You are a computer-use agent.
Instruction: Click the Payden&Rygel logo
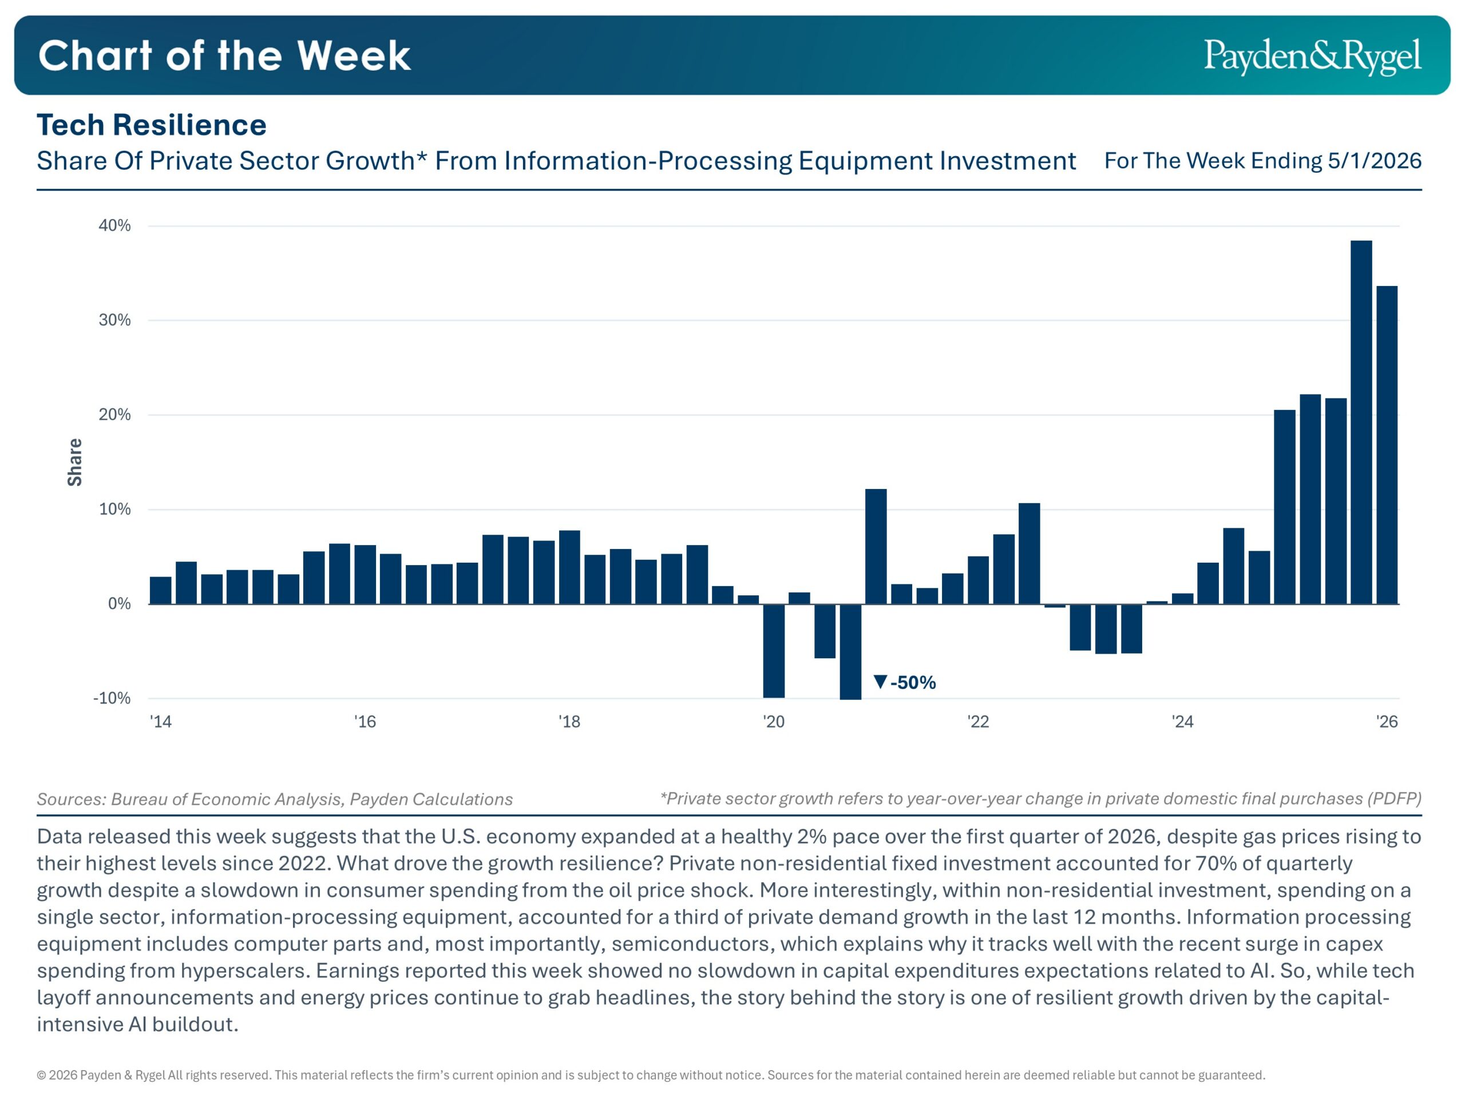click(x=1312, y=56)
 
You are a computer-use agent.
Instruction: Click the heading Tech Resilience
click(x=152, y=125)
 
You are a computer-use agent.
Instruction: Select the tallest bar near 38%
click(x=1361, y=422)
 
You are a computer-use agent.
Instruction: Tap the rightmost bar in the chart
click(x=1387, y=445)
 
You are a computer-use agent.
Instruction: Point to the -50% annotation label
click(x=913, y=682)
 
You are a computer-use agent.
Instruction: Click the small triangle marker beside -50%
click(x=880, y=682)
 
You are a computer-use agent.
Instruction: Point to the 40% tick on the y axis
click(x=114, y=226)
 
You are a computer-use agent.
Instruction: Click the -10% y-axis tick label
click(x=112, y=698)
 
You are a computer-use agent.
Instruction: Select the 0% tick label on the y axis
click(x=119, y=603)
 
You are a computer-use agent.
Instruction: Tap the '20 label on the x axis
click(x=774, y=721)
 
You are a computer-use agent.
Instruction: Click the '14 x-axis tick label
click(x=161, y=721)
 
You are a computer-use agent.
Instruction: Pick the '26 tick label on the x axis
click(x=1387, y=721)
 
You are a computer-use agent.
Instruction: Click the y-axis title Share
click(x=75, y=462)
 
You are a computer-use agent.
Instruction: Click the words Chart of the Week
click(x=224, y=55)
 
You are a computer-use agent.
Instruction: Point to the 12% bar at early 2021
click(x=876, y=547)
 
